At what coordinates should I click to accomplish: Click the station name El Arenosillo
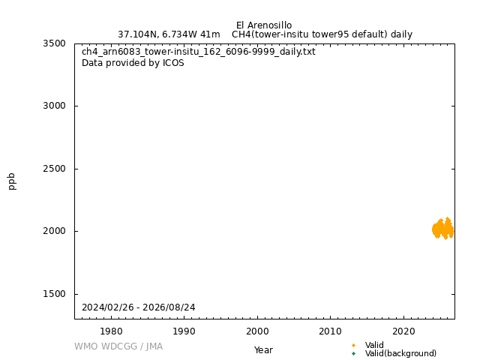pos(264,25)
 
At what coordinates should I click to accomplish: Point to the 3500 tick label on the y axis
pos(54,43)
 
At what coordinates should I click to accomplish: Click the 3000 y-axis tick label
pos(54,106)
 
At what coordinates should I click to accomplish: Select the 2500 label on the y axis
pos(54,169)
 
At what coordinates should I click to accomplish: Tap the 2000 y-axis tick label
pos(54,231)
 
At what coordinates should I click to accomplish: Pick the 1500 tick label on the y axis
pos(54,294)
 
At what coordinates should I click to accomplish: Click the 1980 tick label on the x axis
pos(111,331)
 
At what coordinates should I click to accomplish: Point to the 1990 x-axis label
pos(184,331)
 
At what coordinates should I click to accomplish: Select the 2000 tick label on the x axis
pos(257,331)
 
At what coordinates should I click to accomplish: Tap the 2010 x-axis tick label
pos(331,331)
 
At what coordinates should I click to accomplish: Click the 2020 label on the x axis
pos(403,331)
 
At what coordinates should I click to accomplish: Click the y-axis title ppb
pos(12,181)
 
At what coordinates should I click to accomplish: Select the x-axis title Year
pos(263,350)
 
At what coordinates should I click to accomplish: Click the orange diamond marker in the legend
pos(353,345)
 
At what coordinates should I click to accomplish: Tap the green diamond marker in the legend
pos(353,353)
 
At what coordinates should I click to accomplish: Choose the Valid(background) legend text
pos(400,353)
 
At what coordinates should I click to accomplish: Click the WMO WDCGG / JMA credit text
pos(118,346)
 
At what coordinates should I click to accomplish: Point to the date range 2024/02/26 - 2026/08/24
pos(138,307)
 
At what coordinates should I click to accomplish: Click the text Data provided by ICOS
pos(133,63)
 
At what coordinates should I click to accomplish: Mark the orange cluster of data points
pos(443,229)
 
